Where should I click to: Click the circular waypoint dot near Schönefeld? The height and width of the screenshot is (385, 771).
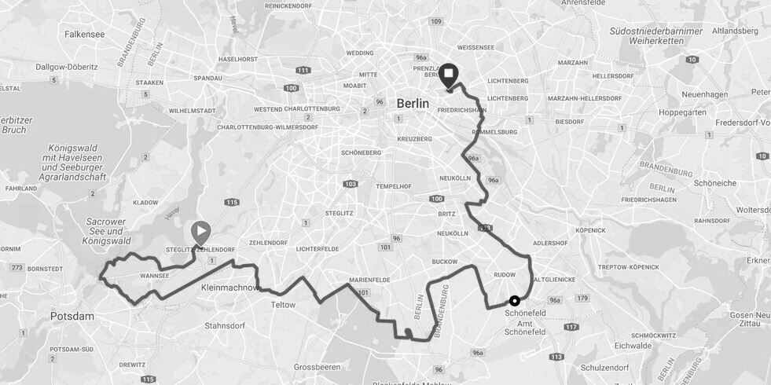tap(515, 300)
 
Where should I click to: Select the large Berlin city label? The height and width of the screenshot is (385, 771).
tap(413, 103)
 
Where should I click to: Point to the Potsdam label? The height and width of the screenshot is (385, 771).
tap(72, 316)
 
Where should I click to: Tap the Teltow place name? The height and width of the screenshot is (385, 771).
tap(283, 305)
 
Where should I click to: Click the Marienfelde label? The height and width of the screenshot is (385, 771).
tap(369, 280)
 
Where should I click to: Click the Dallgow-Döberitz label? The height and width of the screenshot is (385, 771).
tap(67, 67)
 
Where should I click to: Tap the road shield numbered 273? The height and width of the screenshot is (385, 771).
tap(17, 268)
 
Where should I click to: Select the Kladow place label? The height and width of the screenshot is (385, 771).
tap(145, 202)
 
